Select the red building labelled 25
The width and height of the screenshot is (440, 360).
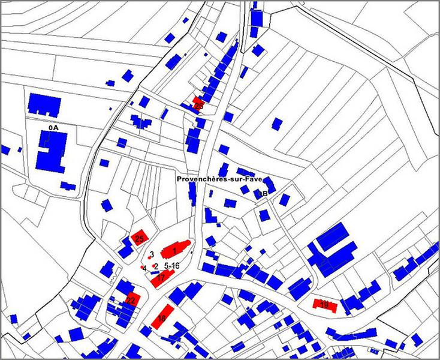140,238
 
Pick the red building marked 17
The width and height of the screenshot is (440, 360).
164,277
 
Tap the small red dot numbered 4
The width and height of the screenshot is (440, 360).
142,266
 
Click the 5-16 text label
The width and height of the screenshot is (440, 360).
171,265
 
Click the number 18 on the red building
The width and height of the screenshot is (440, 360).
161,318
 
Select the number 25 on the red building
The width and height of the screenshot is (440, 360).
139,239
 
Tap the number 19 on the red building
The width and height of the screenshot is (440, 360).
324,305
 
